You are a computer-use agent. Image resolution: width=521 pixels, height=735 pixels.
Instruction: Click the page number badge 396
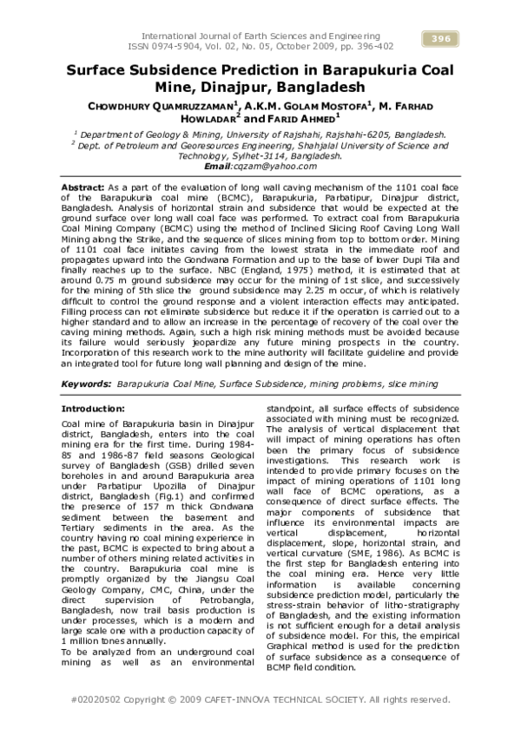pyautogui.click(x=439, y=38)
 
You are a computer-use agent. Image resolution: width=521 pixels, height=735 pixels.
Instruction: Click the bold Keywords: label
pyautogui.click(x=87, y=382)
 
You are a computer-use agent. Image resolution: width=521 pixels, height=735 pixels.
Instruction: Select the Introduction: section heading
pyautogui.click(x=94, y=408)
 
